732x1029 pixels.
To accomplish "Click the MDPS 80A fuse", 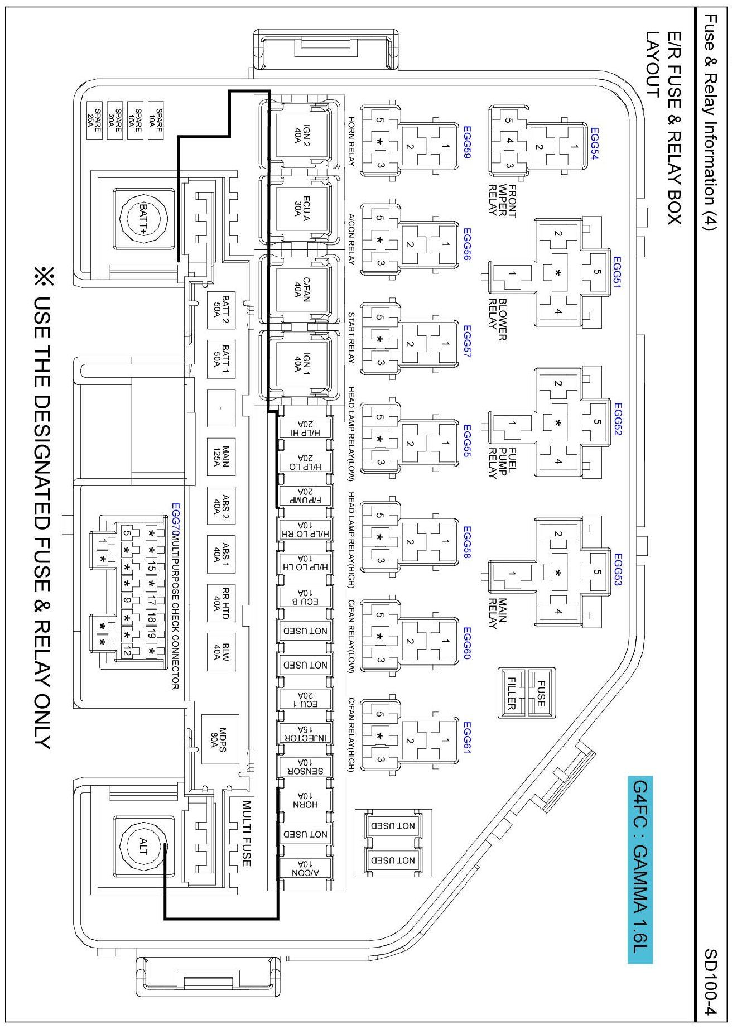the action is point(220,739).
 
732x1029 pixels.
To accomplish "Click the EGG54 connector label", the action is point(594,144).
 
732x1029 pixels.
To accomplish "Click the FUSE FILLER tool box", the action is point(526,693).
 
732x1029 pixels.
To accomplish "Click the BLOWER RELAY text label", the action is point(498,319).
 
